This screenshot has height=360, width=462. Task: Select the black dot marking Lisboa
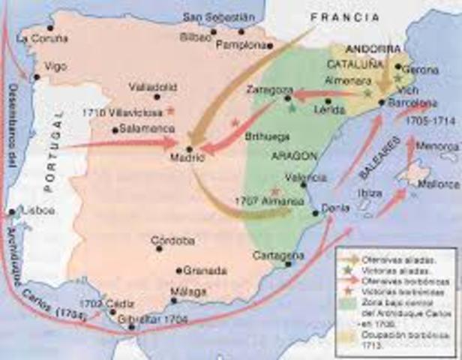(x=10, y=211)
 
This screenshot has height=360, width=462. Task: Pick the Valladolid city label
(x=152, y=86)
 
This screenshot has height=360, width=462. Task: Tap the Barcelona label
(x=413, y=103)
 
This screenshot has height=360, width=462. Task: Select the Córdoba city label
(x=173, y=241)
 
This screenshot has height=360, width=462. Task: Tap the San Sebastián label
(x=213, y=17)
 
